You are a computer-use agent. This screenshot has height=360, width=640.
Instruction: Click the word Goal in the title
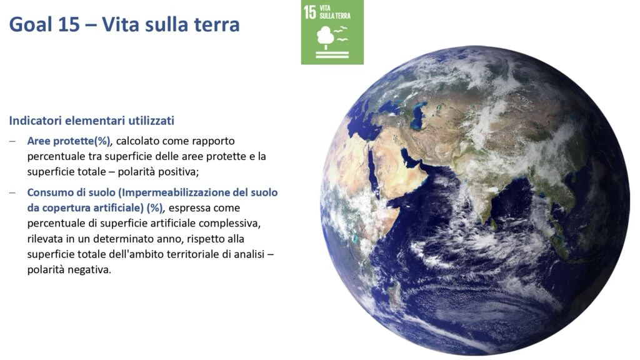tap(31, 24)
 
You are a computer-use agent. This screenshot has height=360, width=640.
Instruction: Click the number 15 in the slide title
tap(69, 24)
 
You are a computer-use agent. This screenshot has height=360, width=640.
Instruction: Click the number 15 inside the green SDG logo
tap(310, 12)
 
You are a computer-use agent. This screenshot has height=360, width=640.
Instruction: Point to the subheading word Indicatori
tap(36, 121)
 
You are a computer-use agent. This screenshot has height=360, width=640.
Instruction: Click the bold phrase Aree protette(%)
tap(69, 141)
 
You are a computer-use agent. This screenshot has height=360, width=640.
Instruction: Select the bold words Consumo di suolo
tap(71, 192)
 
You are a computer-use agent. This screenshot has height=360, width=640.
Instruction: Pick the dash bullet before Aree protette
tap(12, 141)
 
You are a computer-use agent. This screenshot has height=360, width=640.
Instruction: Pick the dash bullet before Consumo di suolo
tap(12, 192)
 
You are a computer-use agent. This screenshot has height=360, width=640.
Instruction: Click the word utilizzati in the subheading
tap(151, 121)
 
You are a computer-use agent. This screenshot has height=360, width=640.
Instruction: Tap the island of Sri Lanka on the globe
tap(493, 224)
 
